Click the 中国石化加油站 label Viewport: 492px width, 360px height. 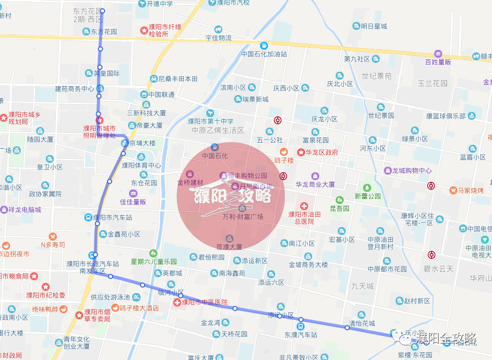264,54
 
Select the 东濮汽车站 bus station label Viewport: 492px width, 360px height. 301,335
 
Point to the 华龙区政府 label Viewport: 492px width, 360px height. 321,152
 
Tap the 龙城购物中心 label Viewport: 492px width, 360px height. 411,171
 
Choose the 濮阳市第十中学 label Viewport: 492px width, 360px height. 210,121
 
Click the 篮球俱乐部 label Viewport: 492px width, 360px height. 443,116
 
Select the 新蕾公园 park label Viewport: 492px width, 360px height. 368,196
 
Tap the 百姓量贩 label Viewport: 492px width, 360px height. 438,62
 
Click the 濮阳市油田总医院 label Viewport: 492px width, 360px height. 304,218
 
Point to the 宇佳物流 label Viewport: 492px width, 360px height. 218,38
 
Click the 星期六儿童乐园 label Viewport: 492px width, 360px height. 153,261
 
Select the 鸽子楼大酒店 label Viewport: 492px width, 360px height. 139,308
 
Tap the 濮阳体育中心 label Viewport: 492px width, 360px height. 141,165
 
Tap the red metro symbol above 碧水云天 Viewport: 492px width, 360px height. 432,255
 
